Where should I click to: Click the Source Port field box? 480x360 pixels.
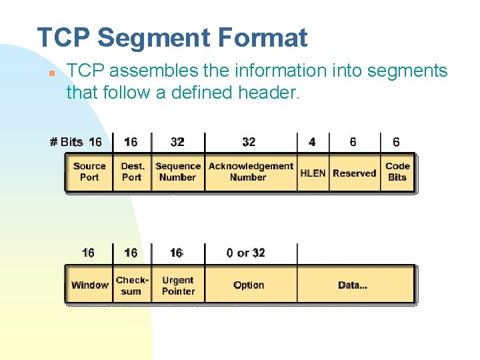pyautogui.click(x=89, y=172)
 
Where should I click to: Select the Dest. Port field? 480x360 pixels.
pyautogui.click(x=132, y=172)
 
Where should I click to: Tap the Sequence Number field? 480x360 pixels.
pyautogui.click(x=178, y=172)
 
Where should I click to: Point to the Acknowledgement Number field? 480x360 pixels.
pyautogui.click(x=251, y=172)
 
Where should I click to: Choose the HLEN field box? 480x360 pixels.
pyautogui.click(x=313, y=173)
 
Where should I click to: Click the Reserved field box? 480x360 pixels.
pyautogui.click(x=355, y=173)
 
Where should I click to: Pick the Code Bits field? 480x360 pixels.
pyautogui.click(x=397, y=172)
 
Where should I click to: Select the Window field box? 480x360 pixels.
pyautogui.click(x=89, y=285)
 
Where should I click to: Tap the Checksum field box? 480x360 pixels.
pyautogui.click(x=132, y=285)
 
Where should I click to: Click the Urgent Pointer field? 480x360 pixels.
pyautogui.click(x=178, y=285)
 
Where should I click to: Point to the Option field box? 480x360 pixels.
pyautogui.click(x=249, y=285)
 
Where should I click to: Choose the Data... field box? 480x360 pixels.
pyautogui.click(x=353, y=285)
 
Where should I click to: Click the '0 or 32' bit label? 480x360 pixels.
pyautogui.click(x=245, y=253)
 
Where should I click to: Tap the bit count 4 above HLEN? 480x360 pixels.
pyautogui.click(x=312, y=142)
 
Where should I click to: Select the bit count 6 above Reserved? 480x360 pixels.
pyautogui.click(x=353, y=142)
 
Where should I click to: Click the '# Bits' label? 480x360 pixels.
pyautogui.click(x=67, y=142)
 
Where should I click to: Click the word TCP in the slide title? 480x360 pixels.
pyautogui.click(x=63, y=38)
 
